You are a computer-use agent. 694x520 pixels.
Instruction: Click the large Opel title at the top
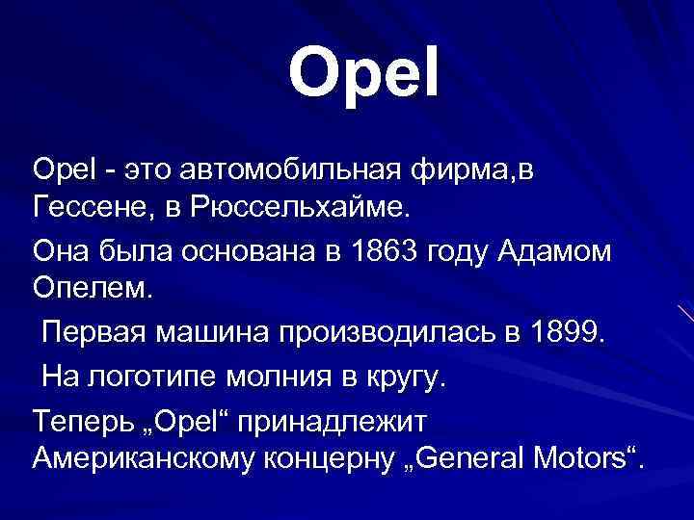363,72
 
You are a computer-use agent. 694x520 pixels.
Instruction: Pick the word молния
289,376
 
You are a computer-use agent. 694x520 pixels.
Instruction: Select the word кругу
409,376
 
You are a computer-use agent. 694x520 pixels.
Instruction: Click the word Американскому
135,458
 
